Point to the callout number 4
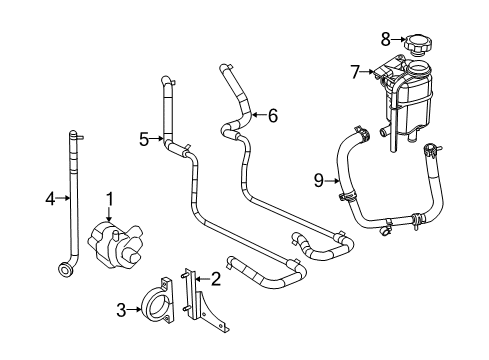(51, 198)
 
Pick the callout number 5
(144, 140)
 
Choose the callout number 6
(272, 116)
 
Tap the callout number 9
(318, 181)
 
